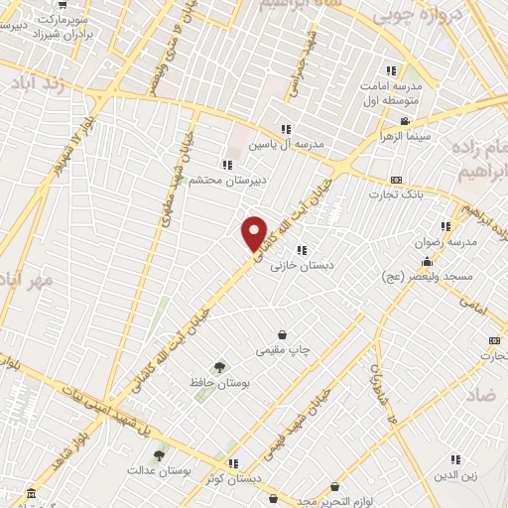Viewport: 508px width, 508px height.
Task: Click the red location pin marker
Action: [255, 232]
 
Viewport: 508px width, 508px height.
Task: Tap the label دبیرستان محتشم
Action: [230, 182]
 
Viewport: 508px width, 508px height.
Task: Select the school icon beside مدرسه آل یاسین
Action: [286, 129]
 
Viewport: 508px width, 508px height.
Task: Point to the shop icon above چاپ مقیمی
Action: [285, 333]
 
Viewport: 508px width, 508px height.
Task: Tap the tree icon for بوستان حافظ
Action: [219, 366]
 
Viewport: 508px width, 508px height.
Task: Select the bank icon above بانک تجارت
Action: [396, 180]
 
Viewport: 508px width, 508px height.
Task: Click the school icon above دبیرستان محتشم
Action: [228, 165]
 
